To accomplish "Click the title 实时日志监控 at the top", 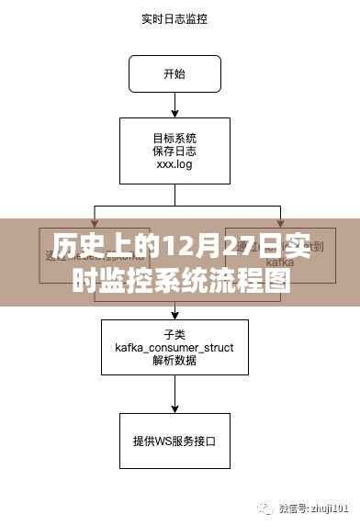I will (x=174, y=17).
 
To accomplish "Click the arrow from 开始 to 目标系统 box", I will (x=174, y=105).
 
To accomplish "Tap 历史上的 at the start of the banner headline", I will (x=88, y=246).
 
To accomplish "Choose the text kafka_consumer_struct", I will (x=174, y=347).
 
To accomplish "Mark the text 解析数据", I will (x=174, y=361).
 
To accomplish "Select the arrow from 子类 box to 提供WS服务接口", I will (x=174, y=394).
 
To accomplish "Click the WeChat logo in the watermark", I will (x=264, y=506).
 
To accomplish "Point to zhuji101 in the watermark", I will (x=328, y=507).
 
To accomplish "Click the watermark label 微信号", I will (x=290, y=507).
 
